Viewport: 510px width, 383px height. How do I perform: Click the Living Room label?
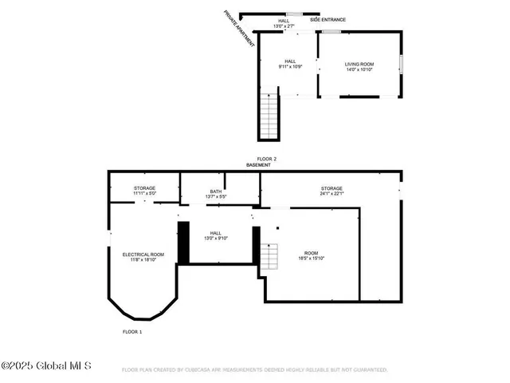pyautogui.click(x=359, y=64)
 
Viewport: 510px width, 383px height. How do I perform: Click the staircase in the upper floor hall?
pyautogui.click(x=270, y=116)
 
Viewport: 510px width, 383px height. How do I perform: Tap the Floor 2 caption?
pyautogui.click(x=265, y=159)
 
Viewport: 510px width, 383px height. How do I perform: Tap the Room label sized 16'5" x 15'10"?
pyautogui.click(x=311, y=253)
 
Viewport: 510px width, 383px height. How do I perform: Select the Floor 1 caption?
pyautogui.click(x=132, y=331)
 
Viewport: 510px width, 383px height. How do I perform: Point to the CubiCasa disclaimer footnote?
pyautogui.click(x=254, y=370)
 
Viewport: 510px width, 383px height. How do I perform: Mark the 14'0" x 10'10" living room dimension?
pyautogui.click(x=359, y=69)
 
